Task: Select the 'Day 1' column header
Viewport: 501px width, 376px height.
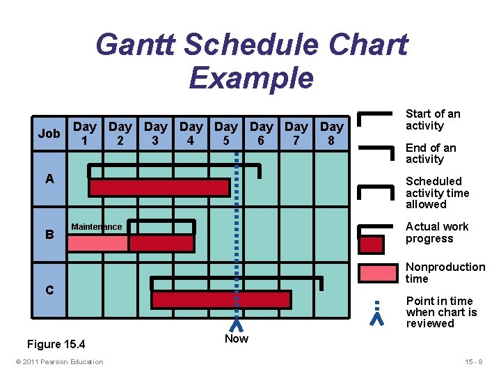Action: [x=84, y=133]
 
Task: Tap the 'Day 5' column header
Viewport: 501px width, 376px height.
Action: [x=225, y=133]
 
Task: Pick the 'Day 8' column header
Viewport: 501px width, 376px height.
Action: [x=331, y=133]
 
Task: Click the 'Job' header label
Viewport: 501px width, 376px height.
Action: [x=49, y=133]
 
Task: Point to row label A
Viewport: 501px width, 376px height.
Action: [x=49, y=179]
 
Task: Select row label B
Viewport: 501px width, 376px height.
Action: [x=49, y=235]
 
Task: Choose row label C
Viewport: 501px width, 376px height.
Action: [x=49, y=290]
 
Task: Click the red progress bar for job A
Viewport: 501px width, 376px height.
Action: [x=159, y=187]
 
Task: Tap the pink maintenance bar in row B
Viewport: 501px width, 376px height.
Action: [x=98, y=243]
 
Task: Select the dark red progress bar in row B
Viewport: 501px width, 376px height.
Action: [x=161, y=243]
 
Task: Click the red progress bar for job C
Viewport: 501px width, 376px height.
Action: [x=221, y=299]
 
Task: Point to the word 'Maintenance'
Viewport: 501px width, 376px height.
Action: [x=96, y=226]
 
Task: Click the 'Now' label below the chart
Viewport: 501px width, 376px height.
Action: [x=236, y=338]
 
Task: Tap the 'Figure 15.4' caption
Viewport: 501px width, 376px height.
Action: [x=56, y=344]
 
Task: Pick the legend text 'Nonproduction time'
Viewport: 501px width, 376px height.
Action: [x=445, y=273]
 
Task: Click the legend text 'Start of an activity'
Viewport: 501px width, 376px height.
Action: [x=433, y=120]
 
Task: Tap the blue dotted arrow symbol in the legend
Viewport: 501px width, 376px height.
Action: [x=376, y=313]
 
